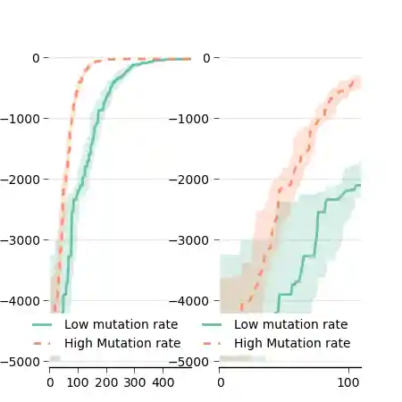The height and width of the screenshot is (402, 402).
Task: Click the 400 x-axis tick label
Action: [x=163, y=382]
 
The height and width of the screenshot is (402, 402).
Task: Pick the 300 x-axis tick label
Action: [x=135, y=382]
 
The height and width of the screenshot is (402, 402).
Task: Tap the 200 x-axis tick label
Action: [x=106, y=382]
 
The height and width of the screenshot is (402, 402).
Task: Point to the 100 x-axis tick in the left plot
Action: [x=79, y=382]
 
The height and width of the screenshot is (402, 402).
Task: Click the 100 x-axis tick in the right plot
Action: [x=348, y=382]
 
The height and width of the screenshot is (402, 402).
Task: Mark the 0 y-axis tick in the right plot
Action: [x=209, y=58]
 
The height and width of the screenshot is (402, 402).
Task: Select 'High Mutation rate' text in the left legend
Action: [x=123, y=343]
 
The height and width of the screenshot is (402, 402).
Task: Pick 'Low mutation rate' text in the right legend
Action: [x=290, y=325]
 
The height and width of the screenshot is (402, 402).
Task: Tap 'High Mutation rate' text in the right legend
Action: [x=293, y=343]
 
